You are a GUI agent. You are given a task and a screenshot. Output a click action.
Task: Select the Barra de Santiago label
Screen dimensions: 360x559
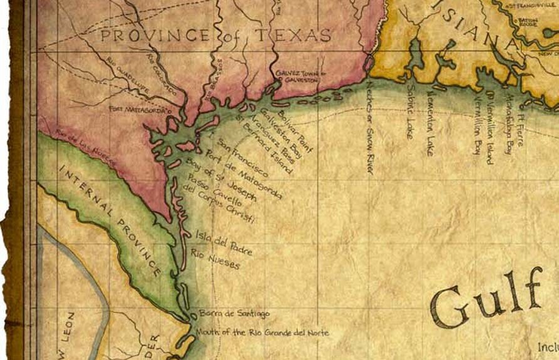234,312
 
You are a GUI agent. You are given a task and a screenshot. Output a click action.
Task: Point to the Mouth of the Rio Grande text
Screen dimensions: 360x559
262,332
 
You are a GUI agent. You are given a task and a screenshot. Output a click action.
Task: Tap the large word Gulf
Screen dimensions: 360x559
485,300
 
